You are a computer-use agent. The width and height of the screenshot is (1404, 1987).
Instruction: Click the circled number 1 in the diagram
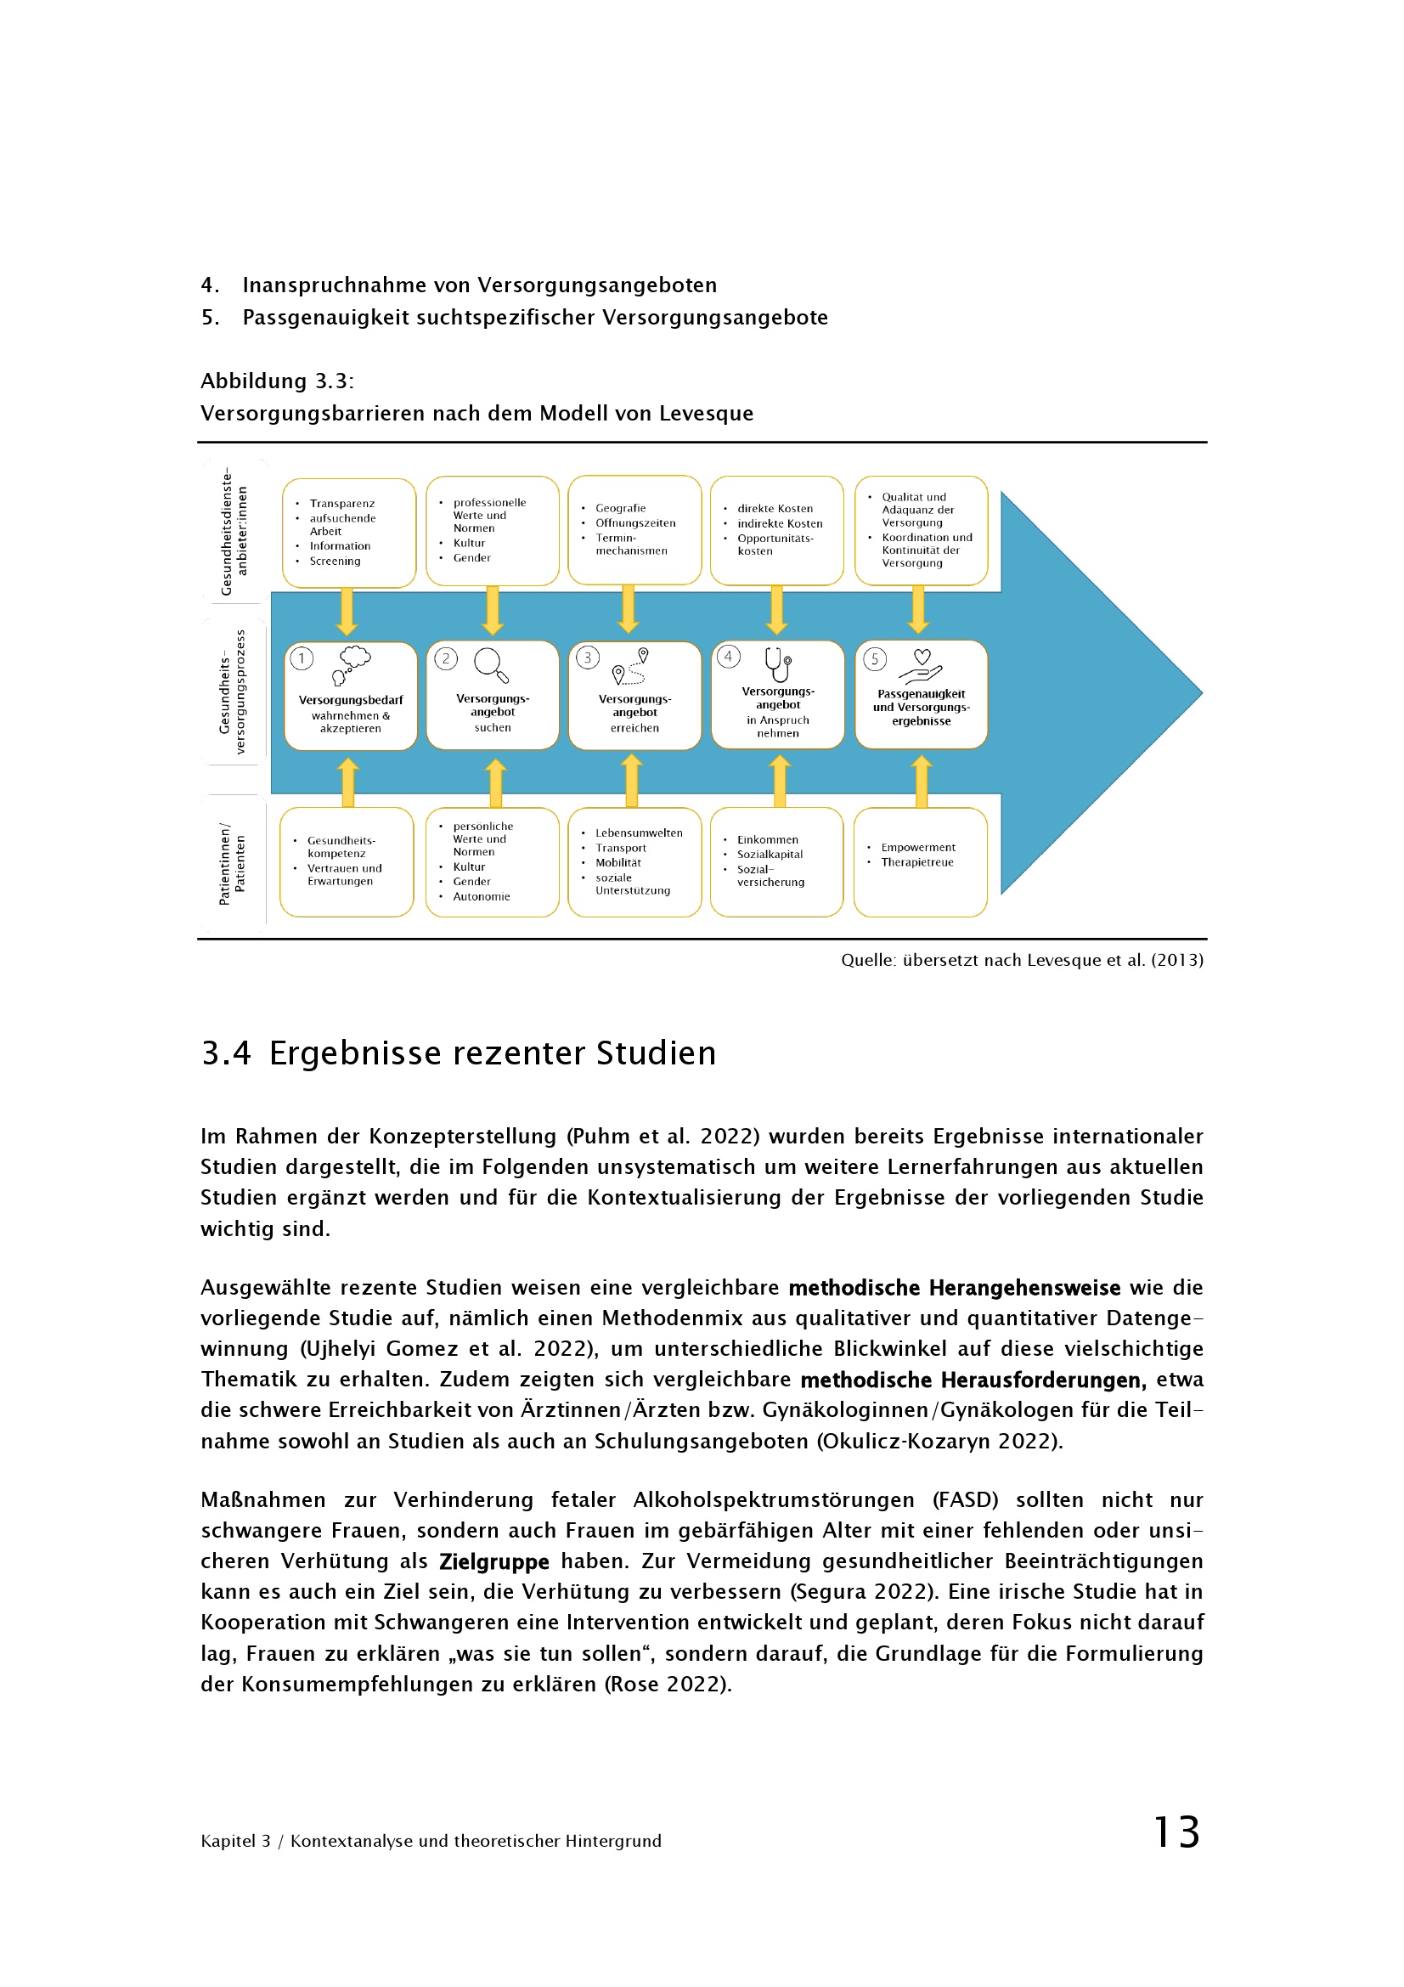pos(301,658)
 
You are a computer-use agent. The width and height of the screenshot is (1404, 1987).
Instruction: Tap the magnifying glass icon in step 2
pos(490,664)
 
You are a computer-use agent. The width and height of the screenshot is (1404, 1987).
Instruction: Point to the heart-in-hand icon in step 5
pos(921,667)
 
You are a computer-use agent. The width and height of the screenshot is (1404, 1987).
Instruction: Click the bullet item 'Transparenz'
pos(341,504)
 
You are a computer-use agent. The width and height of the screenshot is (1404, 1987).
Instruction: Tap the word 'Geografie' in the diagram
pos(620,508)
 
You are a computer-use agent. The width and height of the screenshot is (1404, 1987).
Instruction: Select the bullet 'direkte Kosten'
pos(775,509)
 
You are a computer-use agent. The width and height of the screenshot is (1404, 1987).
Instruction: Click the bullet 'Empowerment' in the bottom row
pos(918,847)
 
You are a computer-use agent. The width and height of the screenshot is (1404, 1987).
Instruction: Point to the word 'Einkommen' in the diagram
pos(767,839)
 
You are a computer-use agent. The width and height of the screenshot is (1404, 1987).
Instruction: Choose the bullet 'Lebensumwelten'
pos(639,833)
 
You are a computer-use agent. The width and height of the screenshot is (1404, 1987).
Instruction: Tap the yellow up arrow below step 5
pos(922,781)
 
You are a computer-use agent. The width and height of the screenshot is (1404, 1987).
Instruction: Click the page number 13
pos(1176,1832)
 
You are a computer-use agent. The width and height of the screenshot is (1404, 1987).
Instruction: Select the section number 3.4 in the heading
pos(226,1053)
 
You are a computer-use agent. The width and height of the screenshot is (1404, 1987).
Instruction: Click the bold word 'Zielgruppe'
pos(494,1561)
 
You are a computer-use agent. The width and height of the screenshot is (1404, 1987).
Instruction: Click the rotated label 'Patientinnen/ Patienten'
pos(232,864)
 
